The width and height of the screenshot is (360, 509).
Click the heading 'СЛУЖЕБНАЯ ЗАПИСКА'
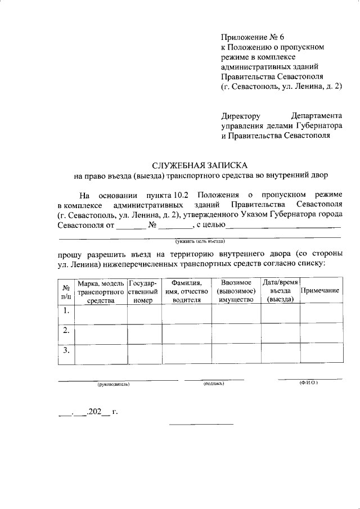[x=200, y=165]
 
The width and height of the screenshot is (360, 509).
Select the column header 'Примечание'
[x=320, y=290]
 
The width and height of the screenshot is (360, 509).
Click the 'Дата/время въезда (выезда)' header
[x=280, y=290]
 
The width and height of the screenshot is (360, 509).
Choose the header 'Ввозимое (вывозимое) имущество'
[x=236, y=290]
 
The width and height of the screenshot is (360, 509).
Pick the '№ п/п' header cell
[x=66, y=291]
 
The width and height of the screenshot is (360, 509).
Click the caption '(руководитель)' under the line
[x=114, y=384]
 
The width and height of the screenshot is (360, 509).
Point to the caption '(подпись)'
[x=214, y=384]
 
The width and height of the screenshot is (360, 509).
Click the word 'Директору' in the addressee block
[x=241, y=116]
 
